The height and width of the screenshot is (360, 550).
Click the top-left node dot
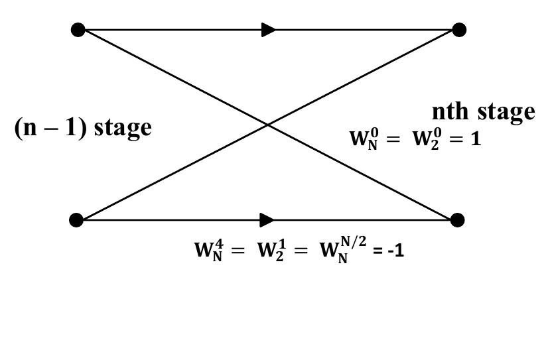[x=78, y=30]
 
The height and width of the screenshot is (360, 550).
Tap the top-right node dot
[x=458, y=30]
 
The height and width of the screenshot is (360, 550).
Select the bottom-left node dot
[x=76, y=219]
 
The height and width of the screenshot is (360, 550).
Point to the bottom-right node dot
[x=457, y=219]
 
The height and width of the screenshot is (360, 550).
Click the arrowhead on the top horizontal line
[x=269, y=30]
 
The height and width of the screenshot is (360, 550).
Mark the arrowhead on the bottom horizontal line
[x=267, y=219]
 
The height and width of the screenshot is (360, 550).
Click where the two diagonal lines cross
[x=267, y=125]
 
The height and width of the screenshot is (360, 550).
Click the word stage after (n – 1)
[x=123, y=127]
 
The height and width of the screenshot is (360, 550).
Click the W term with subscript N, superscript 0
[x=363, y=139]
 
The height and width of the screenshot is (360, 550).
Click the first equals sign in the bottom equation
[x=238, y=251]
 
